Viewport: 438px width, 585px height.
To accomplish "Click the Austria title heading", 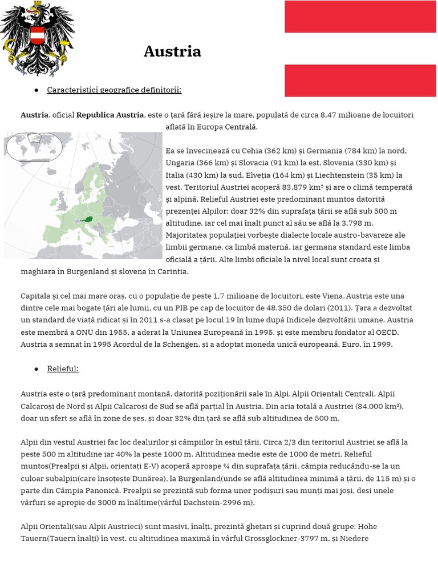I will [172, 52].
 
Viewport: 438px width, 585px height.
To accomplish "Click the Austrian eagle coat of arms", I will [38, 38].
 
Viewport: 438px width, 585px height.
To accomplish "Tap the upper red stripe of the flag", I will [360, 17].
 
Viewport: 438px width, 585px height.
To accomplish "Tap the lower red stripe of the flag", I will [360, 81].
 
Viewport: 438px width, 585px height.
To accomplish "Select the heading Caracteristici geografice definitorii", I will [114, 90].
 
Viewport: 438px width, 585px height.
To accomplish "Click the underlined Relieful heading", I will [63, 369].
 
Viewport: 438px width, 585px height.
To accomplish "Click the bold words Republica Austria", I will [110, 115].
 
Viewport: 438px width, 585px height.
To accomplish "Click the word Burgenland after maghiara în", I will [89, 272].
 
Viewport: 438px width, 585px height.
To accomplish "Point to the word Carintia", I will [168, 272].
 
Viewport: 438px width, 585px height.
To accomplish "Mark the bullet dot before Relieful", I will [36, 369].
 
